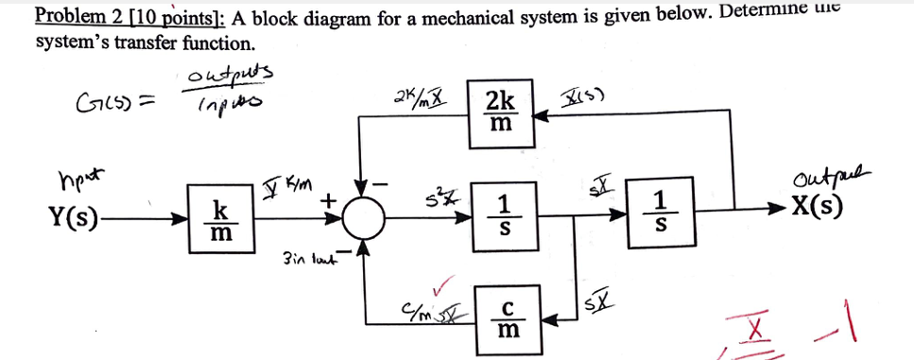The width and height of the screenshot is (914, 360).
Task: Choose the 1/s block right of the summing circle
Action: [506, 218]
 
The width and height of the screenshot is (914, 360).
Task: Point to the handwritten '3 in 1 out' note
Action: [306, 257]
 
